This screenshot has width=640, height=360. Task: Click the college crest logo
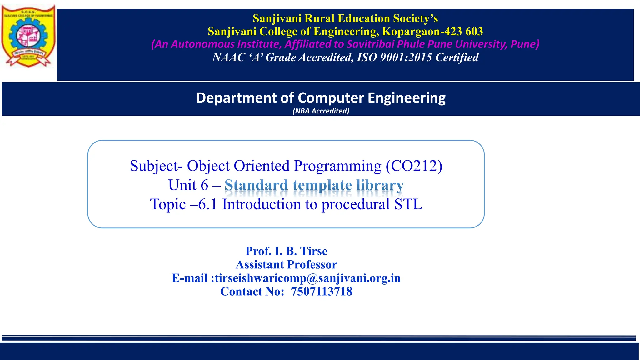click(x=28, y=36)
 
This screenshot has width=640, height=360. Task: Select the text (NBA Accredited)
click(x=321, y=111)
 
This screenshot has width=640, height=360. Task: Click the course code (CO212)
click(x=414, y=166)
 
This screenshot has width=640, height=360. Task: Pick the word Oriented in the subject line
click(x=262, y=166)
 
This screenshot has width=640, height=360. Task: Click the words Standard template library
click(x=314, y=185)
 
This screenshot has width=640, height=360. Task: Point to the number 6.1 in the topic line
click(x=208, y=204)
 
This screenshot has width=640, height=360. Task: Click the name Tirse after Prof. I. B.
click(x=314, y=251)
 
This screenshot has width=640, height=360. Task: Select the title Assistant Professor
click(x=286, y=265)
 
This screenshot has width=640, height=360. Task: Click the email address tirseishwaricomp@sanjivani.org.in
click(x=307, y=278)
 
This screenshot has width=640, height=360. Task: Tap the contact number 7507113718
click(x=322, y=292)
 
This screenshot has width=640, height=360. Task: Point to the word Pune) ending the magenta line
click(x=525, y=44)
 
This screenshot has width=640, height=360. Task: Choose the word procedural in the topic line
click(x=355, y=204)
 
